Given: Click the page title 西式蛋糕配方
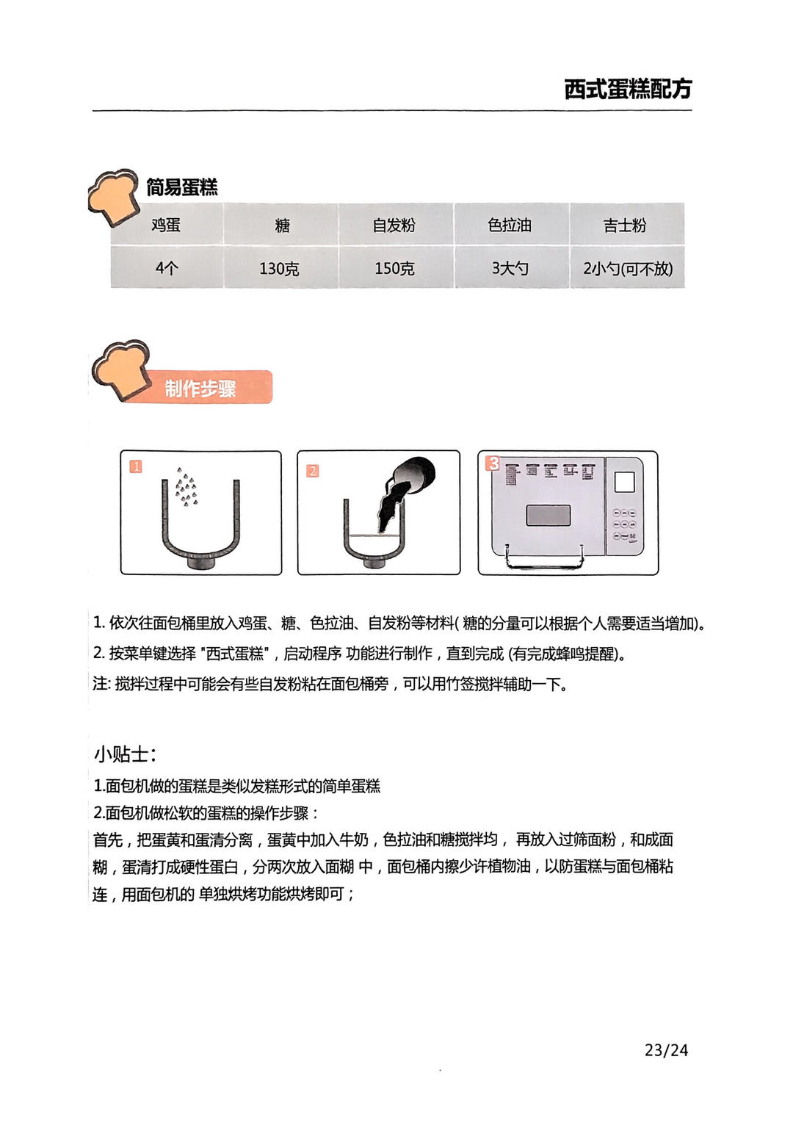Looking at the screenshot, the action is [x=628, y=90].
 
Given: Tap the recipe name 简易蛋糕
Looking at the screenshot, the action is [x=182, y=187].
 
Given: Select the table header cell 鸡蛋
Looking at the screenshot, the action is [x=166, y=225].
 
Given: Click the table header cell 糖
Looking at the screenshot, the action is [x=282, y=225].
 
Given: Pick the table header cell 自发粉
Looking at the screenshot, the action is [x=396, y=225].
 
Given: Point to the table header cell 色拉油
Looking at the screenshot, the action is [x=511, y=225].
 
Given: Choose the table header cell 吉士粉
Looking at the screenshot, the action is [x=627, y=225].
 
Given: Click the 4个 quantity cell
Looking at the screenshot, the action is [x=166, y=268].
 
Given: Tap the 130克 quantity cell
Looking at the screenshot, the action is [x=282, y=268].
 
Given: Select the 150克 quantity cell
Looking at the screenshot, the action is [x=396, y=268].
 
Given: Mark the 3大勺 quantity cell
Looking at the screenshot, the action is [x=511, y=268].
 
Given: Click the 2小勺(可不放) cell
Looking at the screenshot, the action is [x=627, y=268].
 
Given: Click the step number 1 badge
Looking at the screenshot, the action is [x=136, y=466].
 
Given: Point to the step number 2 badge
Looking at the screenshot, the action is [x=312, y=471].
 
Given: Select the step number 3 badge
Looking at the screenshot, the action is [x=493, y=463].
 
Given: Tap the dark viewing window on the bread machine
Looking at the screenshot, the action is [x=548, y=515].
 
